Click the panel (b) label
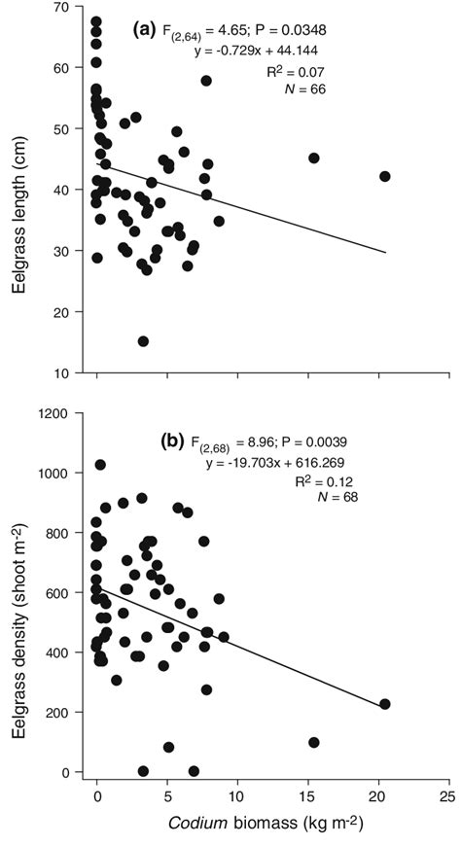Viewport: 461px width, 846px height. coord(173,440)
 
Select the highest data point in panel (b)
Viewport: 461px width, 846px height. coord(100,465)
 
